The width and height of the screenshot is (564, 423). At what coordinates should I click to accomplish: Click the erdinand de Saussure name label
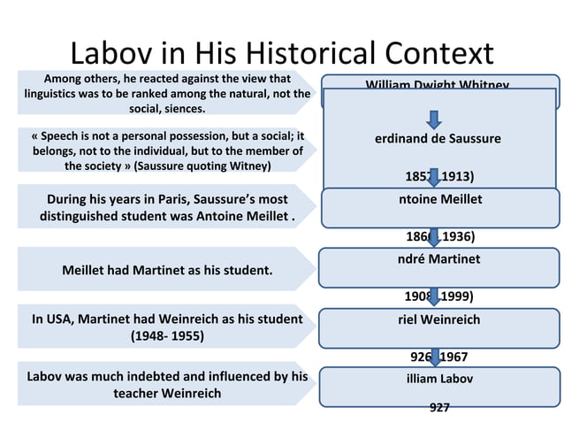(x=437, y=139)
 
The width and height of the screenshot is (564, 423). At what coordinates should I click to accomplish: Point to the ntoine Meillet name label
(x=440, y=199)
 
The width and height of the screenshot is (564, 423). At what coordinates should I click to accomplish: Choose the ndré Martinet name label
(x=438, y=259)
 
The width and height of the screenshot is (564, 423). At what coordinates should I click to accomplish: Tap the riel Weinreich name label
(x=438, y=319)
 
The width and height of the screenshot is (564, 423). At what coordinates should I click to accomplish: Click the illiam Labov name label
(x=438, y=379)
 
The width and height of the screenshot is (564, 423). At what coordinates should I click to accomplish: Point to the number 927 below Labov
(x=438, y=408)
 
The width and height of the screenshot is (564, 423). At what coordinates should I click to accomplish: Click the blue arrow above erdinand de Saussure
(x=434, y=119)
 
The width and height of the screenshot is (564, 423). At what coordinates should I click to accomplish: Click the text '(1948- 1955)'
(x=167, y=336)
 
